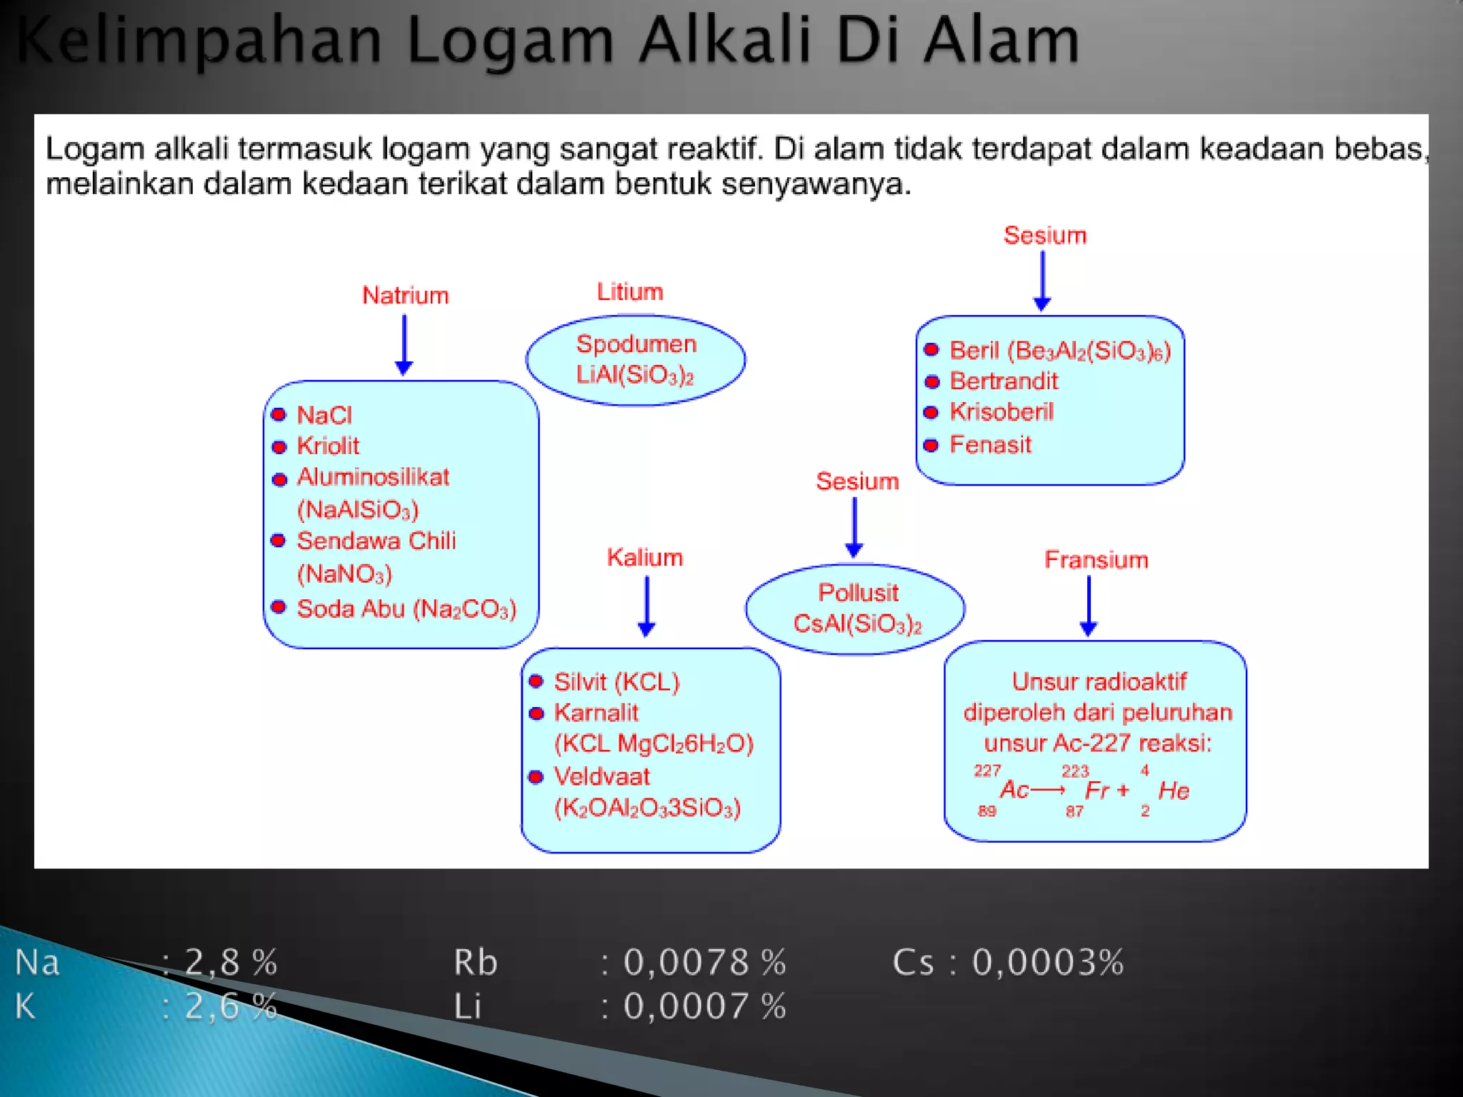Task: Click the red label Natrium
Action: tap(405, 296)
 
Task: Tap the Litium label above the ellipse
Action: tap(630, 292)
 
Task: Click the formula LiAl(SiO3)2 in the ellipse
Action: tap(635, 375)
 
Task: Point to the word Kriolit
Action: tap(328, 446)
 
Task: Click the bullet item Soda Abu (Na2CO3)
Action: tap(406, 609)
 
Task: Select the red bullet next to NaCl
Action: tap(279, 415)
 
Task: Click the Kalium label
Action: tap(644, 558)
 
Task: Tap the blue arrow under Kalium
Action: tap(646, 606)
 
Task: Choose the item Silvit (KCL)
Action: tap(616, 682)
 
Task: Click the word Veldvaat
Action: tap(601, 776)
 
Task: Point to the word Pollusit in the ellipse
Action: tap(858, 593)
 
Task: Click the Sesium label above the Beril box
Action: tap(1044, 236)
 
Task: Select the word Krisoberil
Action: tap(1002, 412)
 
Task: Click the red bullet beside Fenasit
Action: tap(931, 446)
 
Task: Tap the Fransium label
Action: tap(1096, 560)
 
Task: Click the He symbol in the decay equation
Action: tap(1174, 791)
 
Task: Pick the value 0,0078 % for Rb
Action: tap(704, 962)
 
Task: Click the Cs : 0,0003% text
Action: tap(1008, 962)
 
